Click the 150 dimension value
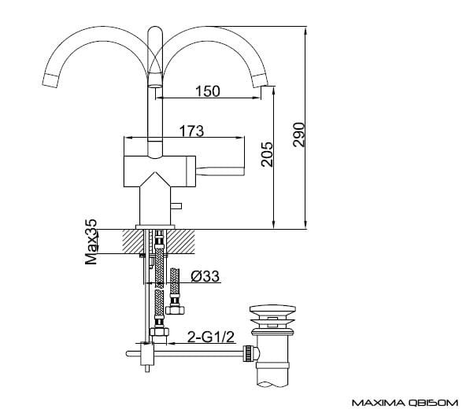click(x=207, y=91)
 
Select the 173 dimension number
click(x=191, y=131)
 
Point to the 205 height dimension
click(x=267, y=154)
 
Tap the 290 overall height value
click(x=299, y=135)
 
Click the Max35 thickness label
click(x=91, y=242)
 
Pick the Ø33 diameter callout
click(x=205, y=276)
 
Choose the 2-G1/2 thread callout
click(x=211, y=337)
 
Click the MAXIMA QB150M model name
click(x=405, y=403)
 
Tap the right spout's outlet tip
click(x=260, y=81)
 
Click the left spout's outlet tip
click(x=50, y=80)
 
